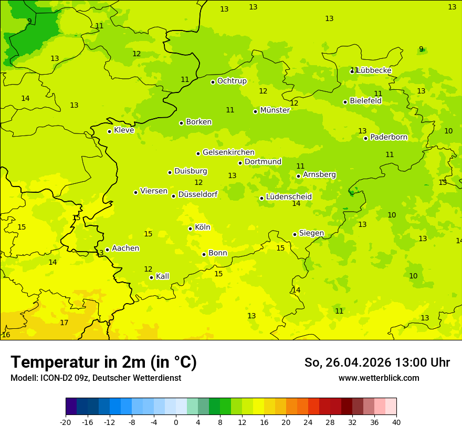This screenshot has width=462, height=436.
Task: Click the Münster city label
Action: point(275,110)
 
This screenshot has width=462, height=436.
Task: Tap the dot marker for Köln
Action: point(191,229)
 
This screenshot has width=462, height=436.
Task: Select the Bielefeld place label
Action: point(365,101)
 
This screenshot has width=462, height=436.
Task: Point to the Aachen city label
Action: point(125,248)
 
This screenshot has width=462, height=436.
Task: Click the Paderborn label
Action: point(388,137)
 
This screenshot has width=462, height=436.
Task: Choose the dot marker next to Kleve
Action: point(109,131)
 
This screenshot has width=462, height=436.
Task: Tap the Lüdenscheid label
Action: point(289,197)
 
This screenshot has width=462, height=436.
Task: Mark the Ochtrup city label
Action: point(232,81)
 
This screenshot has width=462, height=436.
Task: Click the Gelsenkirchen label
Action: point(228,152)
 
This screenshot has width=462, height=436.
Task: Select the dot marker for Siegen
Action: point(295,234)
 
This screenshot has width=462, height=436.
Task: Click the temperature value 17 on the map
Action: point(64,323)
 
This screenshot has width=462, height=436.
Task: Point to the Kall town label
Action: point(162,276)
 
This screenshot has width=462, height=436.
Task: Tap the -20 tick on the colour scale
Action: point(66,422)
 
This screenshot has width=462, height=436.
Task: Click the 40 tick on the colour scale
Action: point(396,422)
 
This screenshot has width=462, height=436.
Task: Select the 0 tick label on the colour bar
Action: point(176,422)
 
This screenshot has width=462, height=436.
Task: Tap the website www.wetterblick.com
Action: point(379,378)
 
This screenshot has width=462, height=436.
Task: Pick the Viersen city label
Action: point(153,191)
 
